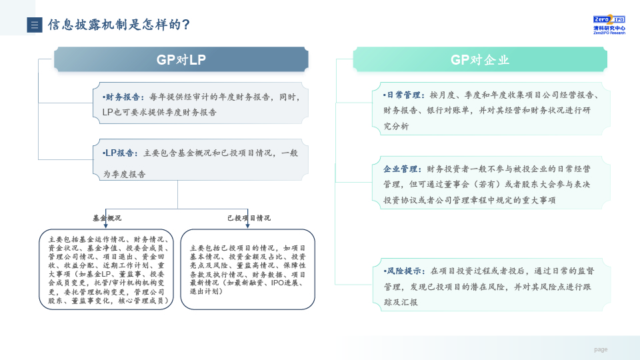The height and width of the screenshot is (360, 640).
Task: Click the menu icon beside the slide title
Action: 35,25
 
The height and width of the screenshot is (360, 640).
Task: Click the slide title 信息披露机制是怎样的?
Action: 119,25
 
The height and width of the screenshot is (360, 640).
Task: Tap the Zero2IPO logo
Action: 609,25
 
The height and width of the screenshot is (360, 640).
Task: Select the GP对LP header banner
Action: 181,59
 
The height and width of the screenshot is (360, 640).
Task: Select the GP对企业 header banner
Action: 480,59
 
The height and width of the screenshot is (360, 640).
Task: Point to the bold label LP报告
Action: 119,153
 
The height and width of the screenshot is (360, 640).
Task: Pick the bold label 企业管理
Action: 401,169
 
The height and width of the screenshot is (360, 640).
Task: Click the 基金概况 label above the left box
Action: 107,218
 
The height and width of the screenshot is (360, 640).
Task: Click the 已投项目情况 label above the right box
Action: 249,218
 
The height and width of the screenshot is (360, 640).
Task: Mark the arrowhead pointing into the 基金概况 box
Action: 106,225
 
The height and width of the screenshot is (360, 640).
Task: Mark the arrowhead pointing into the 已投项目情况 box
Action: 247,225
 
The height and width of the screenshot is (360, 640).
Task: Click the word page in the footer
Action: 601,349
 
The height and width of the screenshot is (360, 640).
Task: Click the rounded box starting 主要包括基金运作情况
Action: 106,269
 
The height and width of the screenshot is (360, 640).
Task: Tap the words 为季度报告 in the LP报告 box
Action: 124,174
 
